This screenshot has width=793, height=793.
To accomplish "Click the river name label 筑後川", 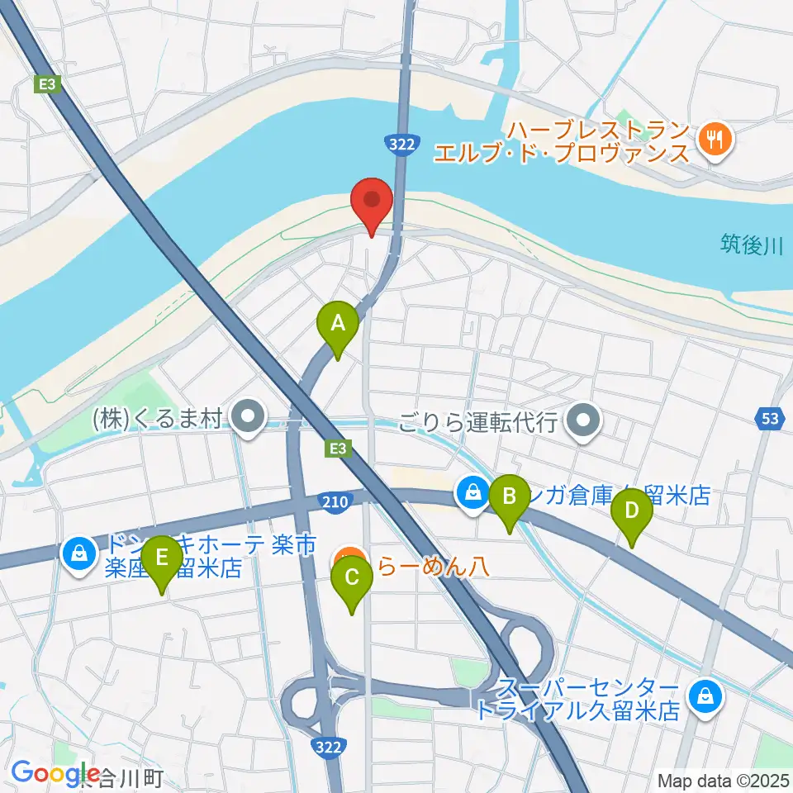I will pyautogui.click(x=750, y=245).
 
